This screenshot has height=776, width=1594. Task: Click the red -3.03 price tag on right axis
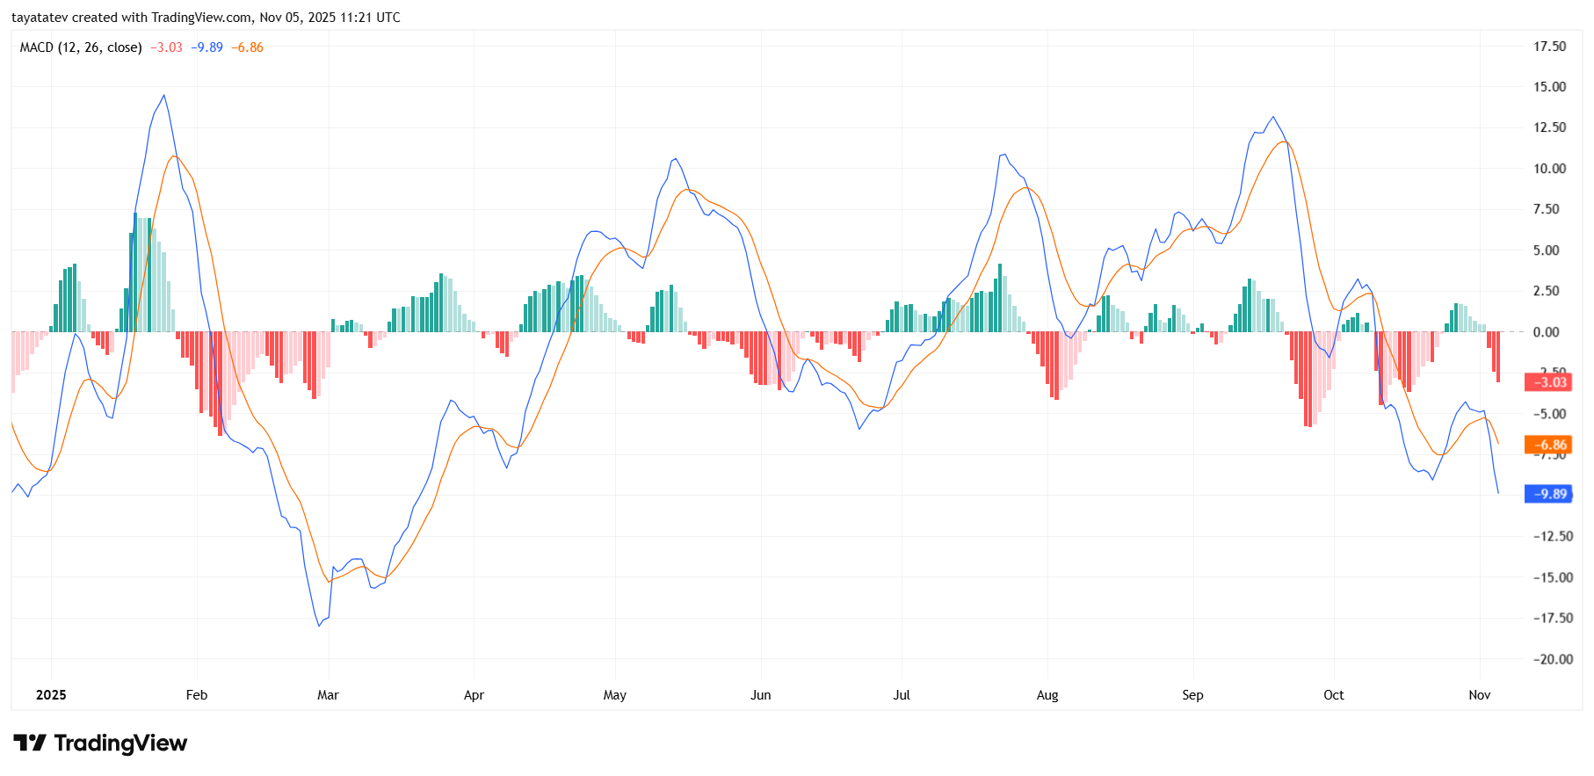click(x=1547, y=382)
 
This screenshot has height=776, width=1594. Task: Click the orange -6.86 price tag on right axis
click(x=1547, y=445)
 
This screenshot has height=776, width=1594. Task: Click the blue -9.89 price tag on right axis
click(x=1547, y=494)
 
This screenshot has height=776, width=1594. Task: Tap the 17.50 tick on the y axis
click(x=1549, y=47)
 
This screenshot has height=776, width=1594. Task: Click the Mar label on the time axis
click(x=328, y=695)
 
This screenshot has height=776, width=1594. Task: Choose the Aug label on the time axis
click(x=1047, y=695)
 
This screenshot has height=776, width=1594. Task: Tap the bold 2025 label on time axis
click(x=51, y=695)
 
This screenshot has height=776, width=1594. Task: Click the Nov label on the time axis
click(x=1480, y=695)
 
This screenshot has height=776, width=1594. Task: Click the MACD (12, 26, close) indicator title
click(x=81, y=47)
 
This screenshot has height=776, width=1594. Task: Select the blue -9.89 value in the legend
click(x=207, y=47)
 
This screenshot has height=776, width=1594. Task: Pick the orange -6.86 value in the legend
click(x=248, y=47)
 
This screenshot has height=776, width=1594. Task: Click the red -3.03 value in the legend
click(x=167, y=47)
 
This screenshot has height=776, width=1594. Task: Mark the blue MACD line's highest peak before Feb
click(x=163, y=96)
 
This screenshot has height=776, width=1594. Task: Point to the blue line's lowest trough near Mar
click(x=319, y=625)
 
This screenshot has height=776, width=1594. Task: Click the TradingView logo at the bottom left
click(x=100, y=743)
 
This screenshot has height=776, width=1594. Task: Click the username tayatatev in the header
click(x=40, y=18)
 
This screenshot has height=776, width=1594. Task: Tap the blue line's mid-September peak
click(x=1272, y=117)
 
